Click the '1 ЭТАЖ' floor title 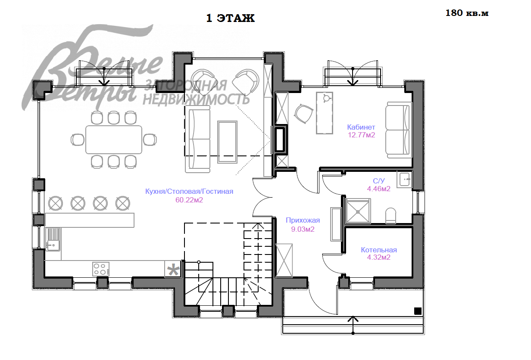pyautogui.click(x=231, y=18)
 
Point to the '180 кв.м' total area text pyautogui.click(x=467, y=13)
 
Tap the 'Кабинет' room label pyautogui.click(x=361, y=127)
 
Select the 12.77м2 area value pyautogui.click(x=361, y=135)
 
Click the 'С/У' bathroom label pyautogui.click(x=378, y=181)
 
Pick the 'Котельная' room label pyautogui.click(x=379, y=250)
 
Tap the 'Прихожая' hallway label pyautogui.click(x=303, y=220)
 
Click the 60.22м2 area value pyautogui.click(x=189, y=200)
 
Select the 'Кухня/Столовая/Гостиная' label pyautogui.click(x=189, y=191)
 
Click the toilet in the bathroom pyautogui.click(x=390, y=215)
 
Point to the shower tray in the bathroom pyautogui.click(x=358, y=211)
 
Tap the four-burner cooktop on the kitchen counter pyautogui.click(x=101, y=269)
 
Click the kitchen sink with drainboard pyautogui.click(x=53, y=239)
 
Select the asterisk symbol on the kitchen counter pyautogui.click(x=173, y=269)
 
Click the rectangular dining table pyautogui.click(x=114, y=140)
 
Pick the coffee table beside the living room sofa pyautogui.click(x=227, y=142)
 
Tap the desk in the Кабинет pyautogui.click(x=325, y=113)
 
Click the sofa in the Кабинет pyautogui.click(x=399, y=130)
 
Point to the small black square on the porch pyautogui.click(x=418, y=311)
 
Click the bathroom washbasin pyautogui.click(x=405, y=180)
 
